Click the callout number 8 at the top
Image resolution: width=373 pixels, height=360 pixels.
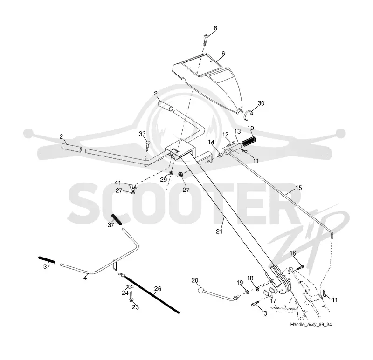click(x=215, y=28)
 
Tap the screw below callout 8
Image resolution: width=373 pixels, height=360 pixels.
click(x=205, y=40)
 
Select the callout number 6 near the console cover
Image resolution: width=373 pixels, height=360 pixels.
click(x=223, y=54)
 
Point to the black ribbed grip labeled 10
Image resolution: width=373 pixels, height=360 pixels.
click(x=249, y=142)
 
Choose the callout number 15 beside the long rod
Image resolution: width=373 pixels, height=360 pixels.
click(x=298, y=188)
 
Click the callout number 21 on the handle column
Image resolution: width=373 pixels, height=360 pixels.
click(x=219, y=231)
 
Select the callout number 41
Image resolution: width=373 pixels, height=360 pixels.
click(x=118, y=183)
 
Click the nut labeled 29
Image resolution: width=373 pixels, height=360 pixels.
click(x=171, y=173)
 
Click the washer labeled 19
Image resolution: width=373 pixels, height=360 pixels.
click(x=247, y=292)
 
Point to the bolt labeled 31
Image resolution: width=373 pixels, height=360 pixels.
click(x=255, y=304)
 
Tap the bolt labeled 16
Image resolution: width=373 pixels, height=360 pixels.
click(x=300, y=267)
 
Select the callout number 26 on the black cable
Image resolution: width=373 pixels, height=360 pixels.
click(x=158, y=289)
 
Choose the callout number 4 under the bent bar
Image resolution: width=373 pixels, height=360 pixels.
click(x=85, y=278)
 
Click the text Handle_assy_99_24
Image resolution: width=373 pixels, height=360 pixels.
click(x=311, y=325)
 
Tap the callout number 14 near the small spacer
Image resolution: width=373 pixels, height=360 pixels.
click(x=211, y=142)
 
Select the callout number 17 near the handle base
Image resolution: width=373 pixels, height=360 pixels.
click(x=273, y=300)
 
